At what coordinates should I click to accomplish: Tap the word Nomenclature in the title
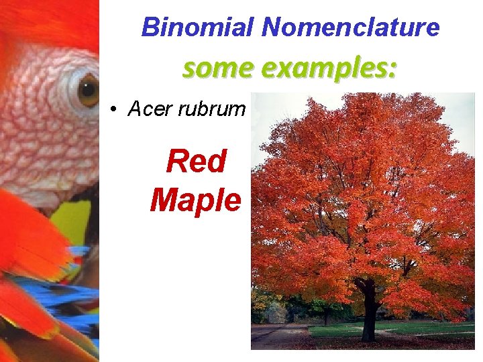[x=350, y=27]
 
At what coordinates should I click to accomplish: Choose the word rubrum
[x=212, y=109]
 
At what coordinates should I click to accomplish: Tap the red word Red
[x=196, y=161]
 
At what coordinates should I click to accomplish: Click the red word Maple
[x=195, y=199]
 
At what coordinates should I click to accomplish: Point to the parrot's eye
[x=87, y=90]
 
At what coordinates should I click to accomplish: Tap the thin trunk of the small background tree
[x=326, y=315]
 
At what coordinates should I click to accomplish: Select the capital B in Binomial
[x=149, y=27]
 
